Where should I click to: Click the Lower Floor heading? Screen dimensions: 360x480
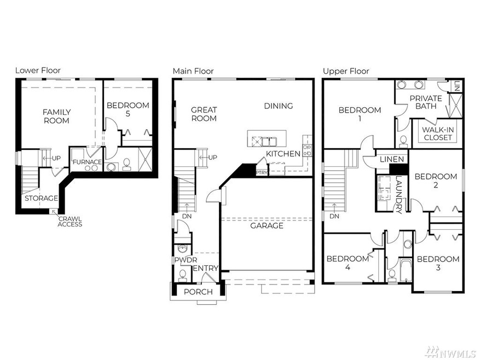coord(38,71)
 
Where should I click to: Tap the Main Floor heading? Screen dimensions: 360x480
coord(193,71)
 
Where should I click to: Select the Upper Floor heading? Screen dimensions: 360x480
coord(346,71)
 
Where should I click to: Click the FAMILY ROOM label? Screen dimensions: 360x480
coord(56,116)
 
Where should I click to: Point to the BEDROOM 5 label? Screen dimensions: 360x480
coord(128,109)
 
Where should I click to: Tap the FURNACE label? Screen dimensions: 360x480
coord(86,162)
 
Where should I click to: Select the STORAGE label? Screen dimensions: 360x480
coord(41,198)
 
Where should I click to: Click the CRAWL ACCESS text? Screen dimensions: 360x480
coord(70,221)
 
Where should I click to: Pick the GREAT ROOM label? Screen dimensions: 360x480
coord(204,114)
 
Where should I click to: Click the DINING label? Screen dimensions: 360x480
coord(278,106)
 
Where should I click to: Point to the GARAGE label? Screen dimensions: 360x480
coord(267,225)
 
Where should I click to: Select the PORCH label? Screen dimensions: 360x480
coord(198,292)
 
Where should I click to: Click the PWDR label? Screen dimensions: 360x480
coord(183,260)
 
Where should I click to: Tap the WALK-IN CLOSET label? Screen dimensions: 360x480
coord(438,133)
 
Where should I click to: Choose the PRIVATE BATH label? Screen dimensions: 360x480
coord(426,102)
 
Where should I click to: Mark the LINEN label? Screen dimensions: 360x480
coord(392,159)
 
